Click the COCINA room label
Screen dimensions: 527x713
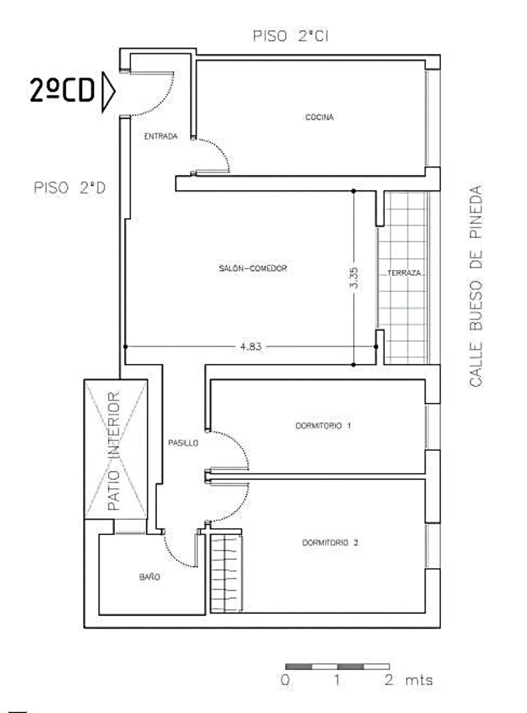pos(319,117)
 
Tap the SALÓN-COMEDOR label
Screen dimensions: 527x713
pos(253,268)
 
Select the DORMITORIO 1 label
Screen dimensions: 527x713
pos(323,426)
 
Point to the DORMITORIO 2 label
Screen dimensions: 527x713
pos(330,543)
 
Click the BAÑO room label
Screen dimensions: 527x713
pos(150,577)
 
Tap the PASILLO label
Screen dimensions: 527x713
pos(183,443)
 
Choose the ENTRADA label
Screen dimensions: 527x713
pos(161,136)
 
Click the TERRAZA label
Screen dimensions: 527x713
pos(404,273)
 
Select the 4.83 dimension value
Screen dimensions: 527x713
pos(251,347)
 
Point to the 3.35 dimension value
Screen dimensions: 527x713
pos(354,278)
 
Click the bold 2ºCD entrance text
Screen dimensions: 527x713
pos(62,90)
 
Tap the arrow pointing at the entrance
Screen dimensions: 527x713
pos(108,92)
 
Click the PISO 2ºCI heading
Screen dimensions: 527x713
pos(291,36)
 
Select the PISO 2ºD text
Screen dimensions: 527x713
pos(70,188)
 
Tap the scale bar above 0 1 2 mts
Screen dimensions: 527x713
pos(337,667)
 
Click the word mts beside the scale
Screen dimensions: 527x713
pos(419,681)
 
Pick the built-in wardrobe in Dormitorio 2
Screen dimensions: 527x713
pos(226,573)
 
